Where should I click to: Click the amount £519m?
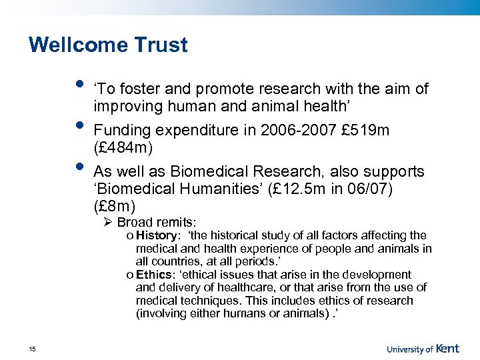click(x=365, y=129)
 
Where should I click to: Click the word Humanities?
click(x=214, y=189)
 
